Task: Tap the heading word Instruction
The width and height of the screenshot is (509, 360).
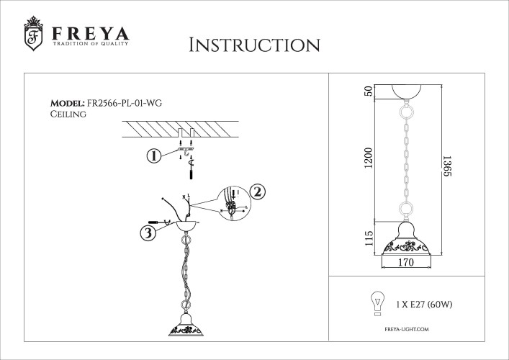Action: (253, 45)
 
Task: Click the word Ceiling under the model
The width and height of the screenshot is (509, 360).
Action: (68, 114)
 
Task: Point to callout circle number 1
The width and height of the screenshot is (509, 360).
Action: (153, 156)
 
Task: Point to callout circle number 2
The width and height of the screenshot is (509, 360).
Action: (259, 192)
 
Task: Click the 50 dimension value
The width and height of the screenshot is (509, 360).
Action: (368, 91)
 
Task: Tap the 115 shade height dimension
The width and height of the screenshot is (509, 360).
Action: (368, 238)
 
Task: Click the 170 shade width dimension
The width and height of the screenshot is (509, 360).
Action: (406, 264)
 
